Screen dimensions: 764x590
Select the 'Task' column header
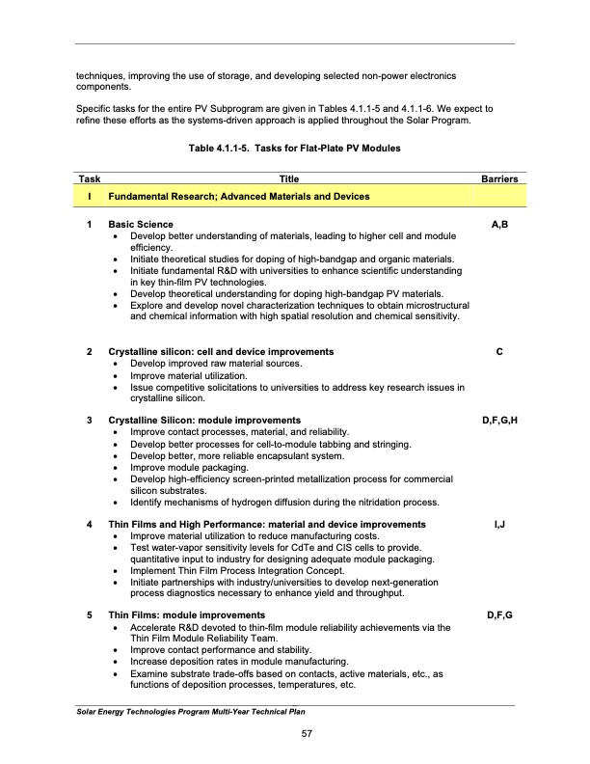click(89, 179)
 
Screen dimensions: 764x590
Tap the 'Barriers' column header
click(498, 179)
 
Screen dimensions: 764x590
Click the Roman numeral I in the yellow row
click(89, 197)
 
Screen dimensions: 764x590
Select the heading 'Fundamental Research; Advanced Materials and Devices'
click(238, 197)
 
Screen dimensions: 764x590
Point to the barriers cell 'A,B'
click(499, 225)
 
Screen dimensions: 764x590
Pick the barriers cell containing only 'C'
click(499, 351)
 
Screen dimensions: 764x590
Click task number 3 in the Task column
click(89, 421)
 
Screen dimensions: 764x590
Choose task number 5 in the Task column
click(89, 615)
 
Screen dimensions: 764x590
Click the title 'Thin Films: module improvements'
click(187, 615)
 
